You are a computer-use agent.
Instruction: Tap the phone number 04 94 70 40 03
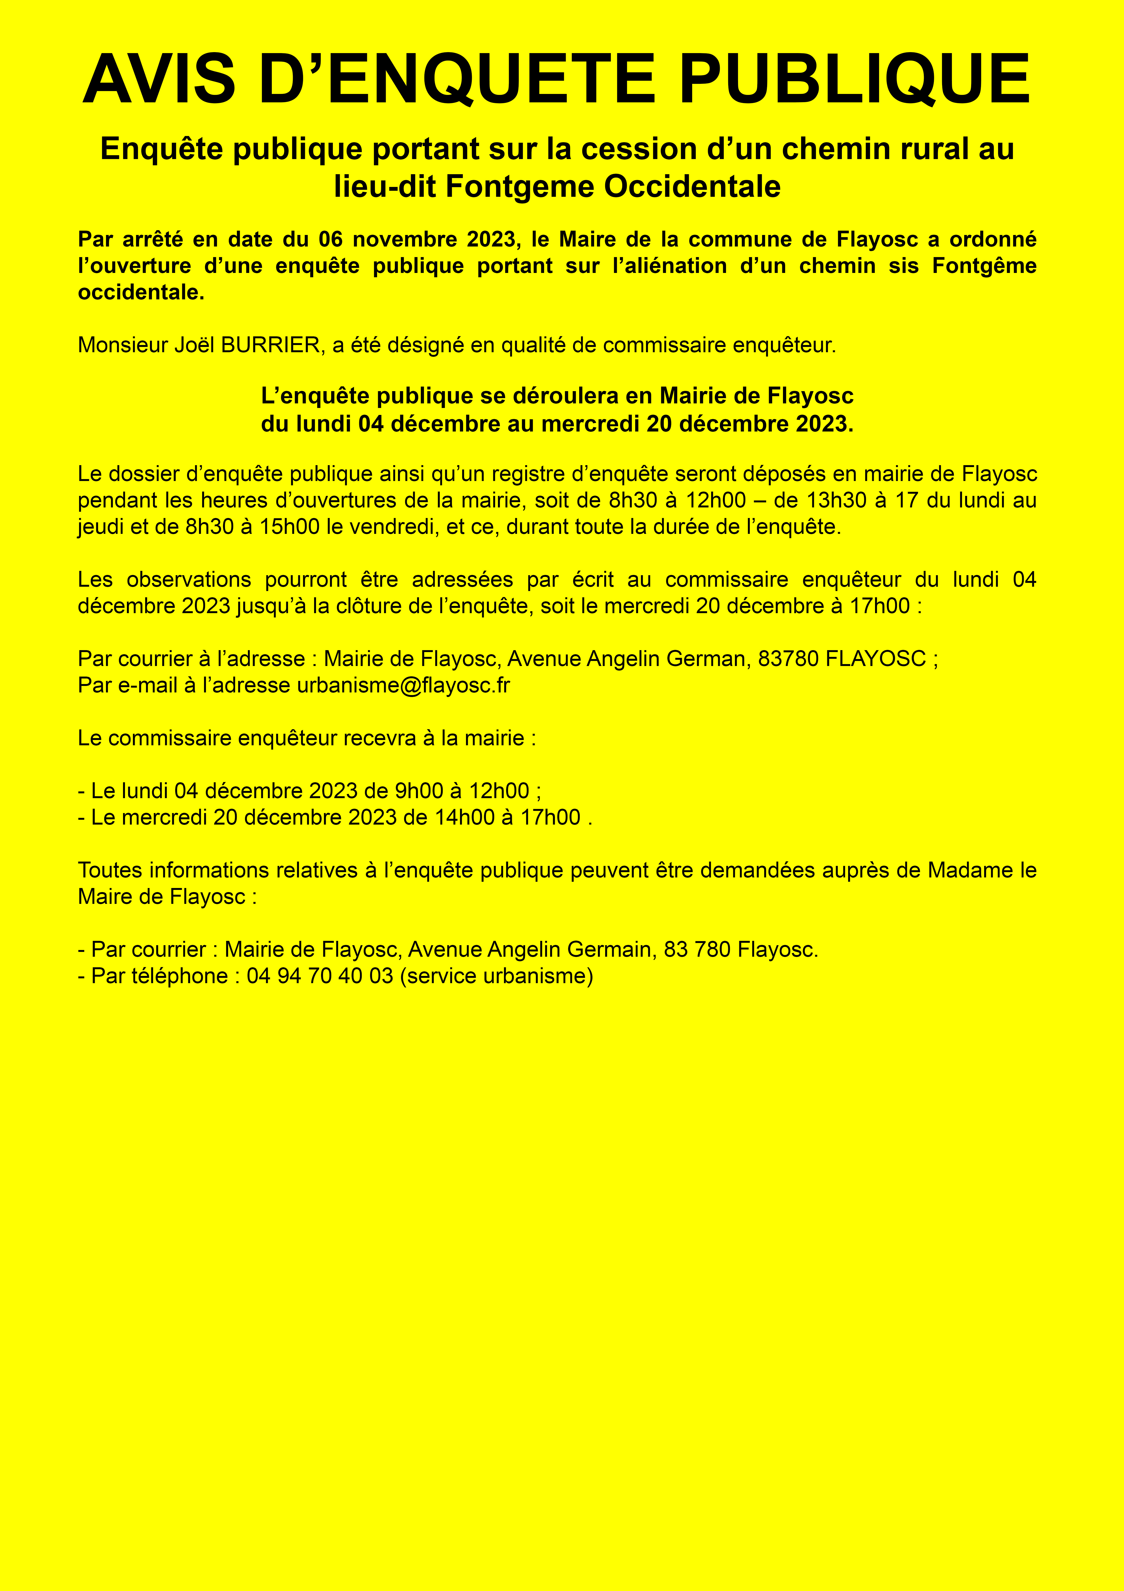tap(320, 976)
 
